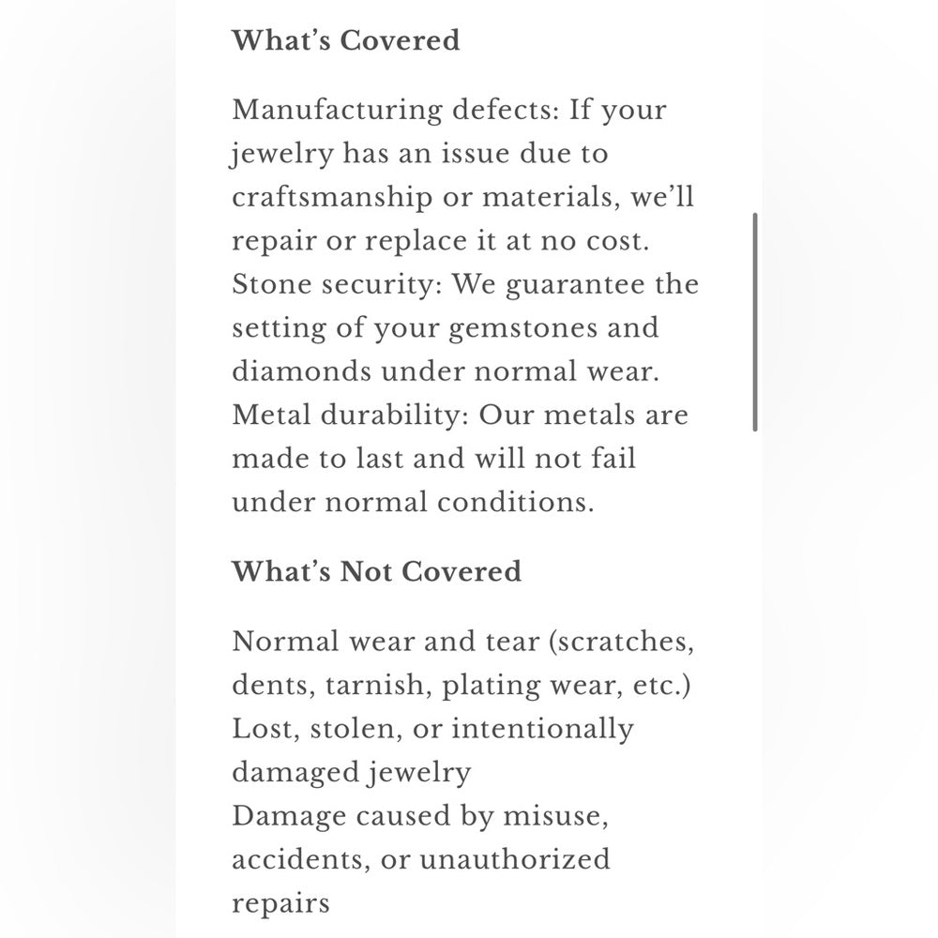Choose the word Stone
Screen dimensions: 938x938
266,285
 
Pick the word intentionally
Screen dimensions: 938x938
533,729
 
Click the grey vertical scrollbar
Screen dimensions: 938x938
755,322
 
